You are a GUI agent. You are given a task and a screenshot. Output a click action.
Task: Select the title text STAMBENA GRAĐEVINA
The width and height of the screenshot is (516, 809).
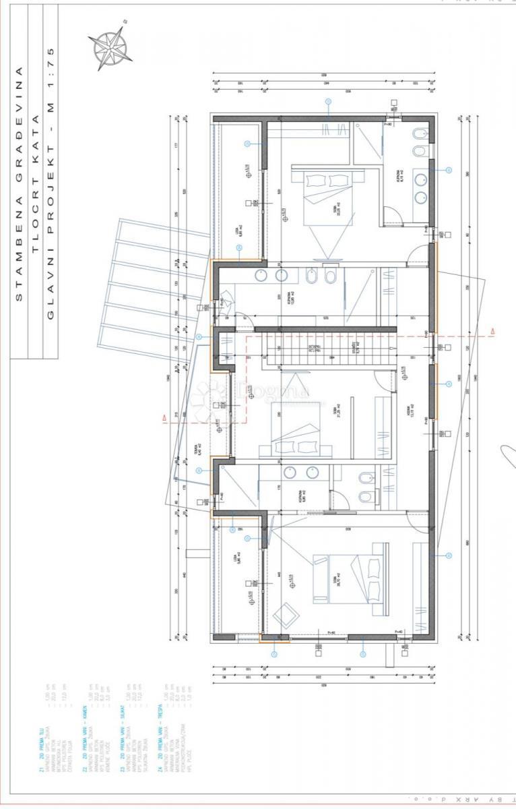pyautogui.click(x=20, y=182)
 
